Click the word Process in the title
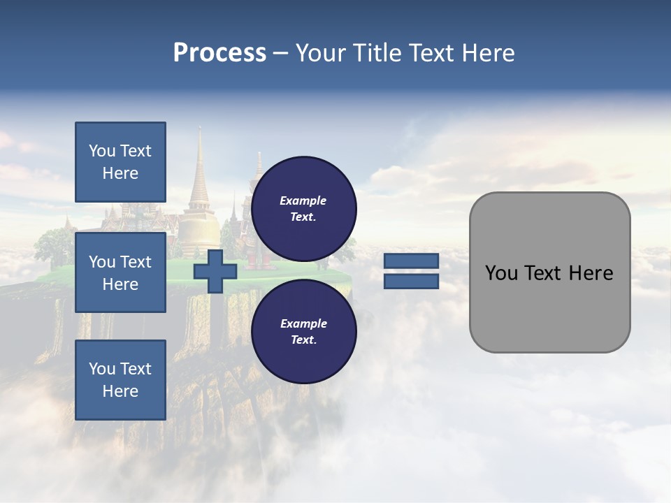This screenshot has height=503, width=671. click(219, 53)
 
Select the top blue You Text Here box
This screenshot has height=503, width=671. click(120, 162)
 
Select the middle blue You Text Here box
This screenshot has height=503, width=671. click(120, 272)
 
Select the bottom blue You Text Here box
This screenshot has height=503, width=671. click(120, 380)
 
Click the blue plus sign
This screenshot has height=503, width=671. click(215, 272)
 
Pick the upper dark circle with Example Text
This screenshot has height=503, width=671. click(303, 209)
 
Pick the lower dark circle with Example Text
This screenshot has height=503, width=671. click(303, 332)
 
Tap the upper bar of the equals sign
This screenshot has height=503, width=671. click(411, 261)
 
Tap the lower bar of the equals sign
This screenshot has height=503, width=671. click(411, 282)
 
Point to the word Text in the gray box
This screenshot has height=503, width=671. click(549, 273)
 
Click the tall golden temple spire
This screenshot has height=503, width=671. click(199, 175)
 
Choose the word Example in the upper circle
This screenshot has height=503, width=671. click(303, 201)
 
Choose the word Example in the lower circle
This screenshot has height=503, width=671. click(303, 323)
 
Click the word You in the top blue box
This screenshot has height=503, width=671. click(101, 151)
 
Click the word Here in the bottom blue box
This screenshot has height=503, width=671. click(120, 391)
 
